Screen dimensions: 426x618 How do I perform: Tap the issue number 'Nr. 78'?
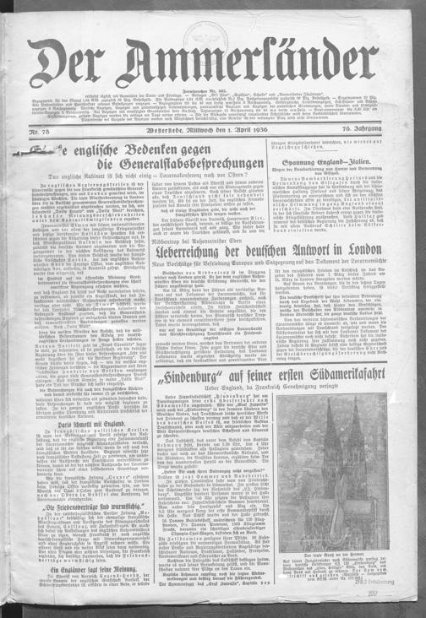tap(38, 129)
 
